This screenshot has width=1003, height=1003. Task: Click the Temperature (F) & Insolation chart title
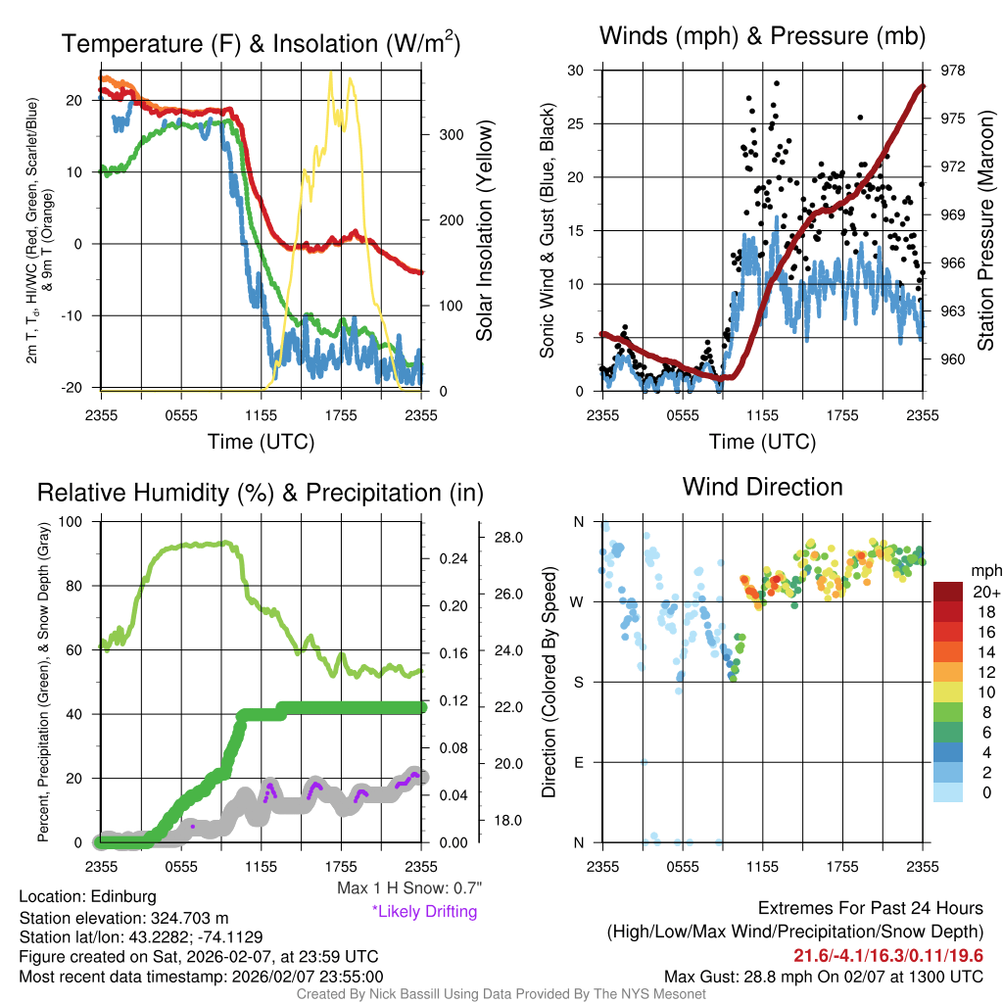coord(262,44)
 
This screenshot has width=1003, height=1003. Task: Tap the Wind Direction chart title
coord(762,487)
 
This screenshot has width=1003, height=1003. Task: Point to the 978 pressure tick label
coord(954,71)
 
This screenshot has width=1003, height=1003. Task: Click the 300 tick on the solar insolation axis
coord(438,134)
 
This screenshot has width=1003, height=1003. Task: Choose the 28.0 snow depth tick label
coord(506,538)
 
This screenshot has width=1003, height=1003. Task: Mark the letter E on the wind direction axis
coord(579,762)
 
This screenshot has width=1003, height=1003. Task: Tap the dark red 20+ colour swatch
coord(949,593)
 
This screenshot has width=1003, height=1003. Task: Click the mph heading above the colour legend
coord(983,570)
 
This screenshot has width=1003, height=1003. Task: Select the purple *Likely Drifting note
coord(424,912)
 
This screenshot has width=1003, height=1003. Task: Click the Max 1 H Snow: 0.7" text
coord(409,888)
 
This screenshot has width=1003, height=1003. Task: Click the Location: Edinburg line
coord(87,896)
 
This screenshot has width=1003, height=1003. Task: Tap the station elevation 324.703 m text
coord(123,918)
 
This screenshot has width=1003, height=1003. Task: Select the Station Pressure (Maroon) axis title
coord(986,230)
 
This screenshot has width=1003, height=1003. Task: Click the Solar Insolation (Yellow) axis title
coord(485,230)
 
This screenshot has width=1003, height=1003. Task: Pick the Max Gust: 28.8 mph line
coord(824,976)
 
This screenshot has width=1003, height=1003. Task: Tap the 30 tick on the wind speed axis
coord(577,71)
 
